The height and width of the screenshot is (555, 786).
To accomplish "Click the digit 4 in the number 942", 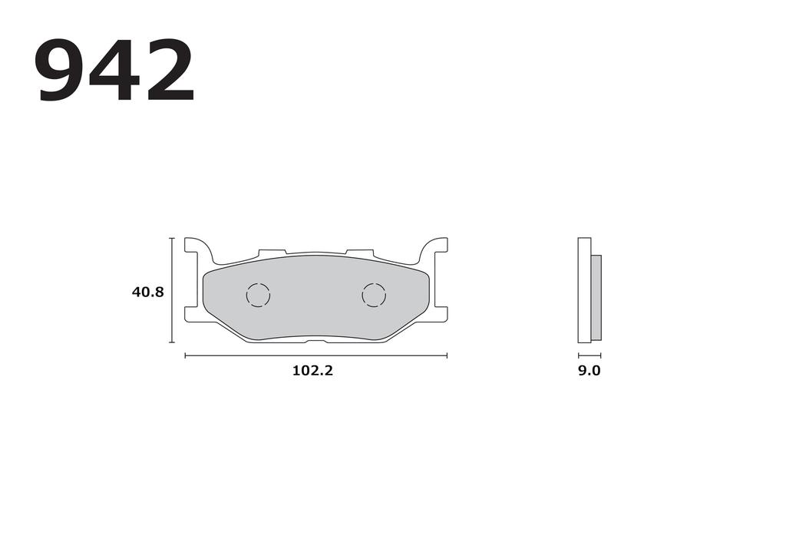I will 114,71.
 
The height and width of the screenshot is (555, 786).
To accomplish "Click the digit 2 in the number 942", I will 167,71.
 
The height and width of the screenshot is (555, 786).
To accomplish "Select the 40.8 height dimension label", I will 147,292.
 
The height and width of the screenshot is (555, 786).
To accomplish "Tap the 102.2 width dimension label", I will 312,371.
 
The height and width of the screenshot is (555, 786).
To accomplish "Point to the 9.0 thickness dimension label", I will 589,371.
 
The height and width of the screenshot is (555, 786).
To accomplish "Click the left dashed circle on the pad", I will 259,295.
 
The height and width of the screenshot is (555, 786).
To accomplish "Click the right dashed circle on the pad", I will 374,295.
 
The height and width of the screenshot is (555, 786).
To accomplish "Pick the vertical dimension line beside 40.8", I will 172,290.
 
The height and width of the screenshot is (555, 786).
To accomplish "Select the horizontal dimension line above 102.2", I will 315,355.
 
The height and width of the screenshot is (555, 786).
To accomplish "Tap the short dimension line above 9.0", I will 589,355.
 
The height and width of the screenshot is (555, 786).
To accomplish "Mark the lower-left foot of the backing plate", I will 193,314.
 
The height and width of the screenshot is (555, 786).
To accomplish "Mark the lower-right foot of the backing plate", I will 440,314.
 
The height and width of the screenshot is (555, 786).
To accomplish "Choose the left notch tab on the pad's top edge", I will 272,253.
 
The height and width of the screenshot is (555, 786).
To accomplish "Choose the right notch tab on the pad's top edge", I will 359,253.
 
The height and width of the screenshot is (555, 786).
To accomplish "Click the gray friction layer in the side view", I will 596,298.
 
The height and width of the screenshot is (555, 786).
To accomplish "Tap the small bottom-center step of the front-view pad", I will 316,339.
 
